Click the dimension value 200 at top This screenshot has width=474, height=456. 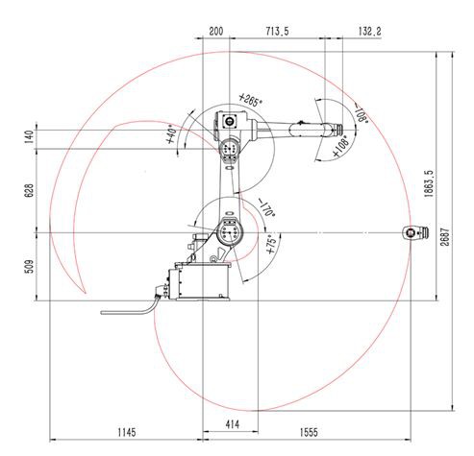(215, 32)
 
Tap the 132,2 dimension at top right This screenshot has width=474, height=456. (369, 32)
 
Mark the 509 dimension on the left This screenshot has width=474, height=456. (27, 267)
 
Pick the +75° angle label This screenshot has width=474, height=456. (272, 240)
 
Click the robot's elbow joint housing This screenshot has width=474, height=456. (229, 149)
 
